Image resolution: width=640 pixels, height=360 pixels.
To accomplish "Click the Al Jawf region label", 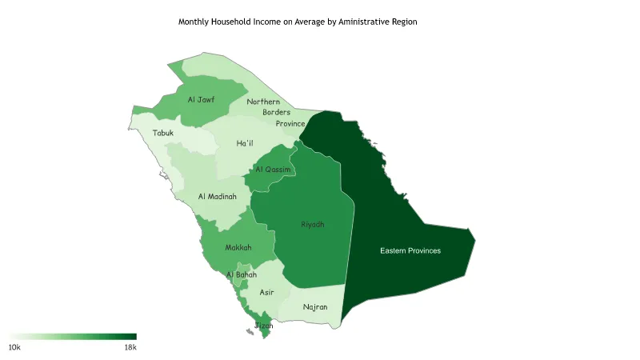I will (x=201, y=100).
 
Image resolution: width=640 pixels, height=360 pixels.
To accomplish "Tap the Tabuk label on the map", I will (x=163, y=133).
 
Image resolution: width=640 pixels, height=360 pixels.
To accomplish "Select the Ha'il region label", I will (x=245, y=144).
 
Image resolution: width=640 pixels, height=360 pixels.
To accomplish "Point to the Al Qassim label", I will (x=273, y=170).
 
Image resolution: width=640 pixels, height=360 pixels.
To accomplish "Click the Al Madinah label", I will (x=218, y=197).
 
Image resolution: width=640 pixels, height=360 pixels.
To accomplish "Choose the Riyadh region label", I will (x=313, y=225).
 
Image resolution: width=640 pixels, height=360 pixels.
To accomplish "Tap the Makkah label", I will (x=238, y=248).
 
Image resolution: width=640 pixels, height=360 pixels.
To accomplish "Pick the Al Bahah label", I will (x=242, y=275).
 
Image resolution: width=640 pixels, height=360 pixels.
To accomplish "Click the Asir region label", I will (x=267, y=293).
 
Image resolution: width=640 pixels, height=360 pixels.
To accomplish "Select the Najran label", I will (x=315, y=307).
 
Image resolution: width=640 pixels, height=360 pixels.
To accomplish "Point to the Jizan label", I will (x=264, y=326).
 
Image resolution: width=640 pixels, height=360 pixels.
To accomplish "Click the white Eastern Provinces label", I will (x=410, y=251).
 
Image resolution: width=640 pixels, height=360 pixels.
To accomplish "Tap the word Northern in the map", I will (x=263, y=102).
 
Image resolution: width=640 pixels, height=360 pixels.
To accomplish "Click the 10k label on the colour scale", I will (x=14, y=348).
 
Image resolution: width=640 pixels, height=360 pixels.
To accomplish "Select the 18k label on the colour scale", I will (x=130, y=348).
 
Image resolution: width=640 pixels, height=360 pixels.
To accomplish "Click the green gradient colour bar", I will (x=73, y=337).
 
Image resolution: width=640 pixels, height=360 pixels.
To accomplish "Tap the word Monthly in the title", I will (x=194, y=22).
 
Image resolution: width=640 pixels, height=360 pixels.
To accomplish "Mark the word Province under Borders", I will (x=290, y=124).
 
